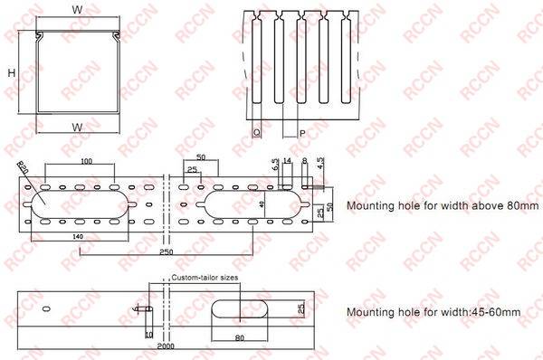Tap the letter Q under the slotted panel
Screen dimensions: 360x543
pos(258,131)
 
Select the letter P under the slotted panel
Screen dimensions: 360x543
pos(300,131)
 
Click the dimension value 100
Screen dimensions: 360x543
pos(85,161)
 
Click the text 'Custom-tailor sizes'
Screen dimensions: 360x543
pos(204,278)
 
